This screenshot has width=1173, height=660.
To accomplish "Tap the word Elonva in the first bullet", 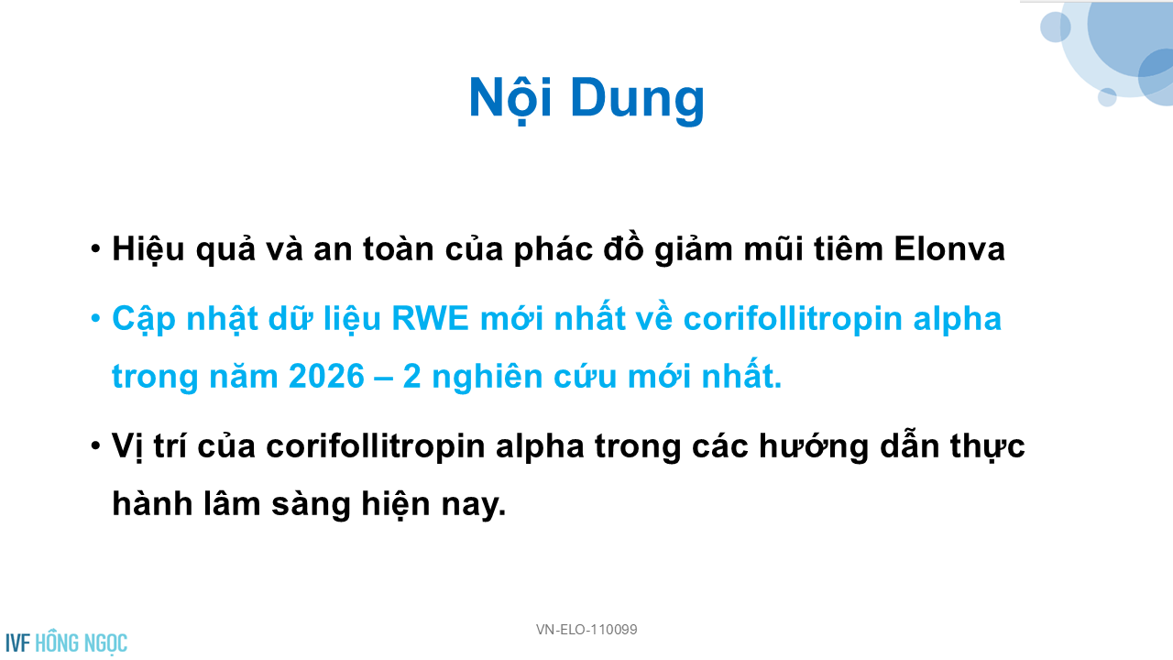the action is [x=949, y=248].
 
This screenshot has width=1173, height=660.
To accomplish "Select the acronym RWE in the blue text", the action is [x=430, y=318].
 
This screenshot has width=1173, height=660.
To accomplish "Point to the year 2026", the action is [x=326, y=376].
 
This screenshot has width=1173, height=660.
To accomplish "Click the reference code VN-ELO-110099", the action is [x=586, y=629].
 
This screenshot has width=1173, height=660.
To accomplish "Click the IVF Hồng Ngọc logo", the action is [x=67, y=643].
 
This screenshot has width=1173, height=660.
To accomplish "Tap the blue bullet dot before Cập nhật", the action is [x=95, y=318].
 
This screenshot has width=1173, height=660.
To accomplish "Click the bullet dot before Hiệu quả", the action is [x=95, y=248].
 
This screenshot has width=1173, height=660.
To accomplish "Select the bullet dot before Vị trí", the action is [x=95, y=445].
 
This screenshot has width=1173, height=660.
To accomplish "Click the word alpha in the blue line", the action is [x=958, y=320].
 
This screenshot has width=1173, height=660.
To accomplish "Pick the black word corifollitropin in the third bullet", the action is [x=376, y=446].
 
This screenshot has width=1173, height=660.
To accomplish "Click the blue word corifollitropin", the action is [x=793, y=320].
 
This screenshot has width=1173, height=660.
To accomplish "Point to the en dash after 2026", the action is [x=384, y=377].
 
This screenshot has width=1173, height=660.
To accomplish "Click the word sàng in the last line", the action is [x=311, y=505].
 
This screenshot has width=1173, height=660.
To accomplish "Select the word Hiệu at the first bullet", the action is [x=148, y=249].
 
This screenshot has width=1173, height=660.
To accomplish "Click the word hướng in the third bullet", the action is [x=814, y=448].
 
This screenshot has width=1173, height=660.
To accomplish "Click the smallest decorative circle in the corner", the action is [x=1107, y=97].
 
